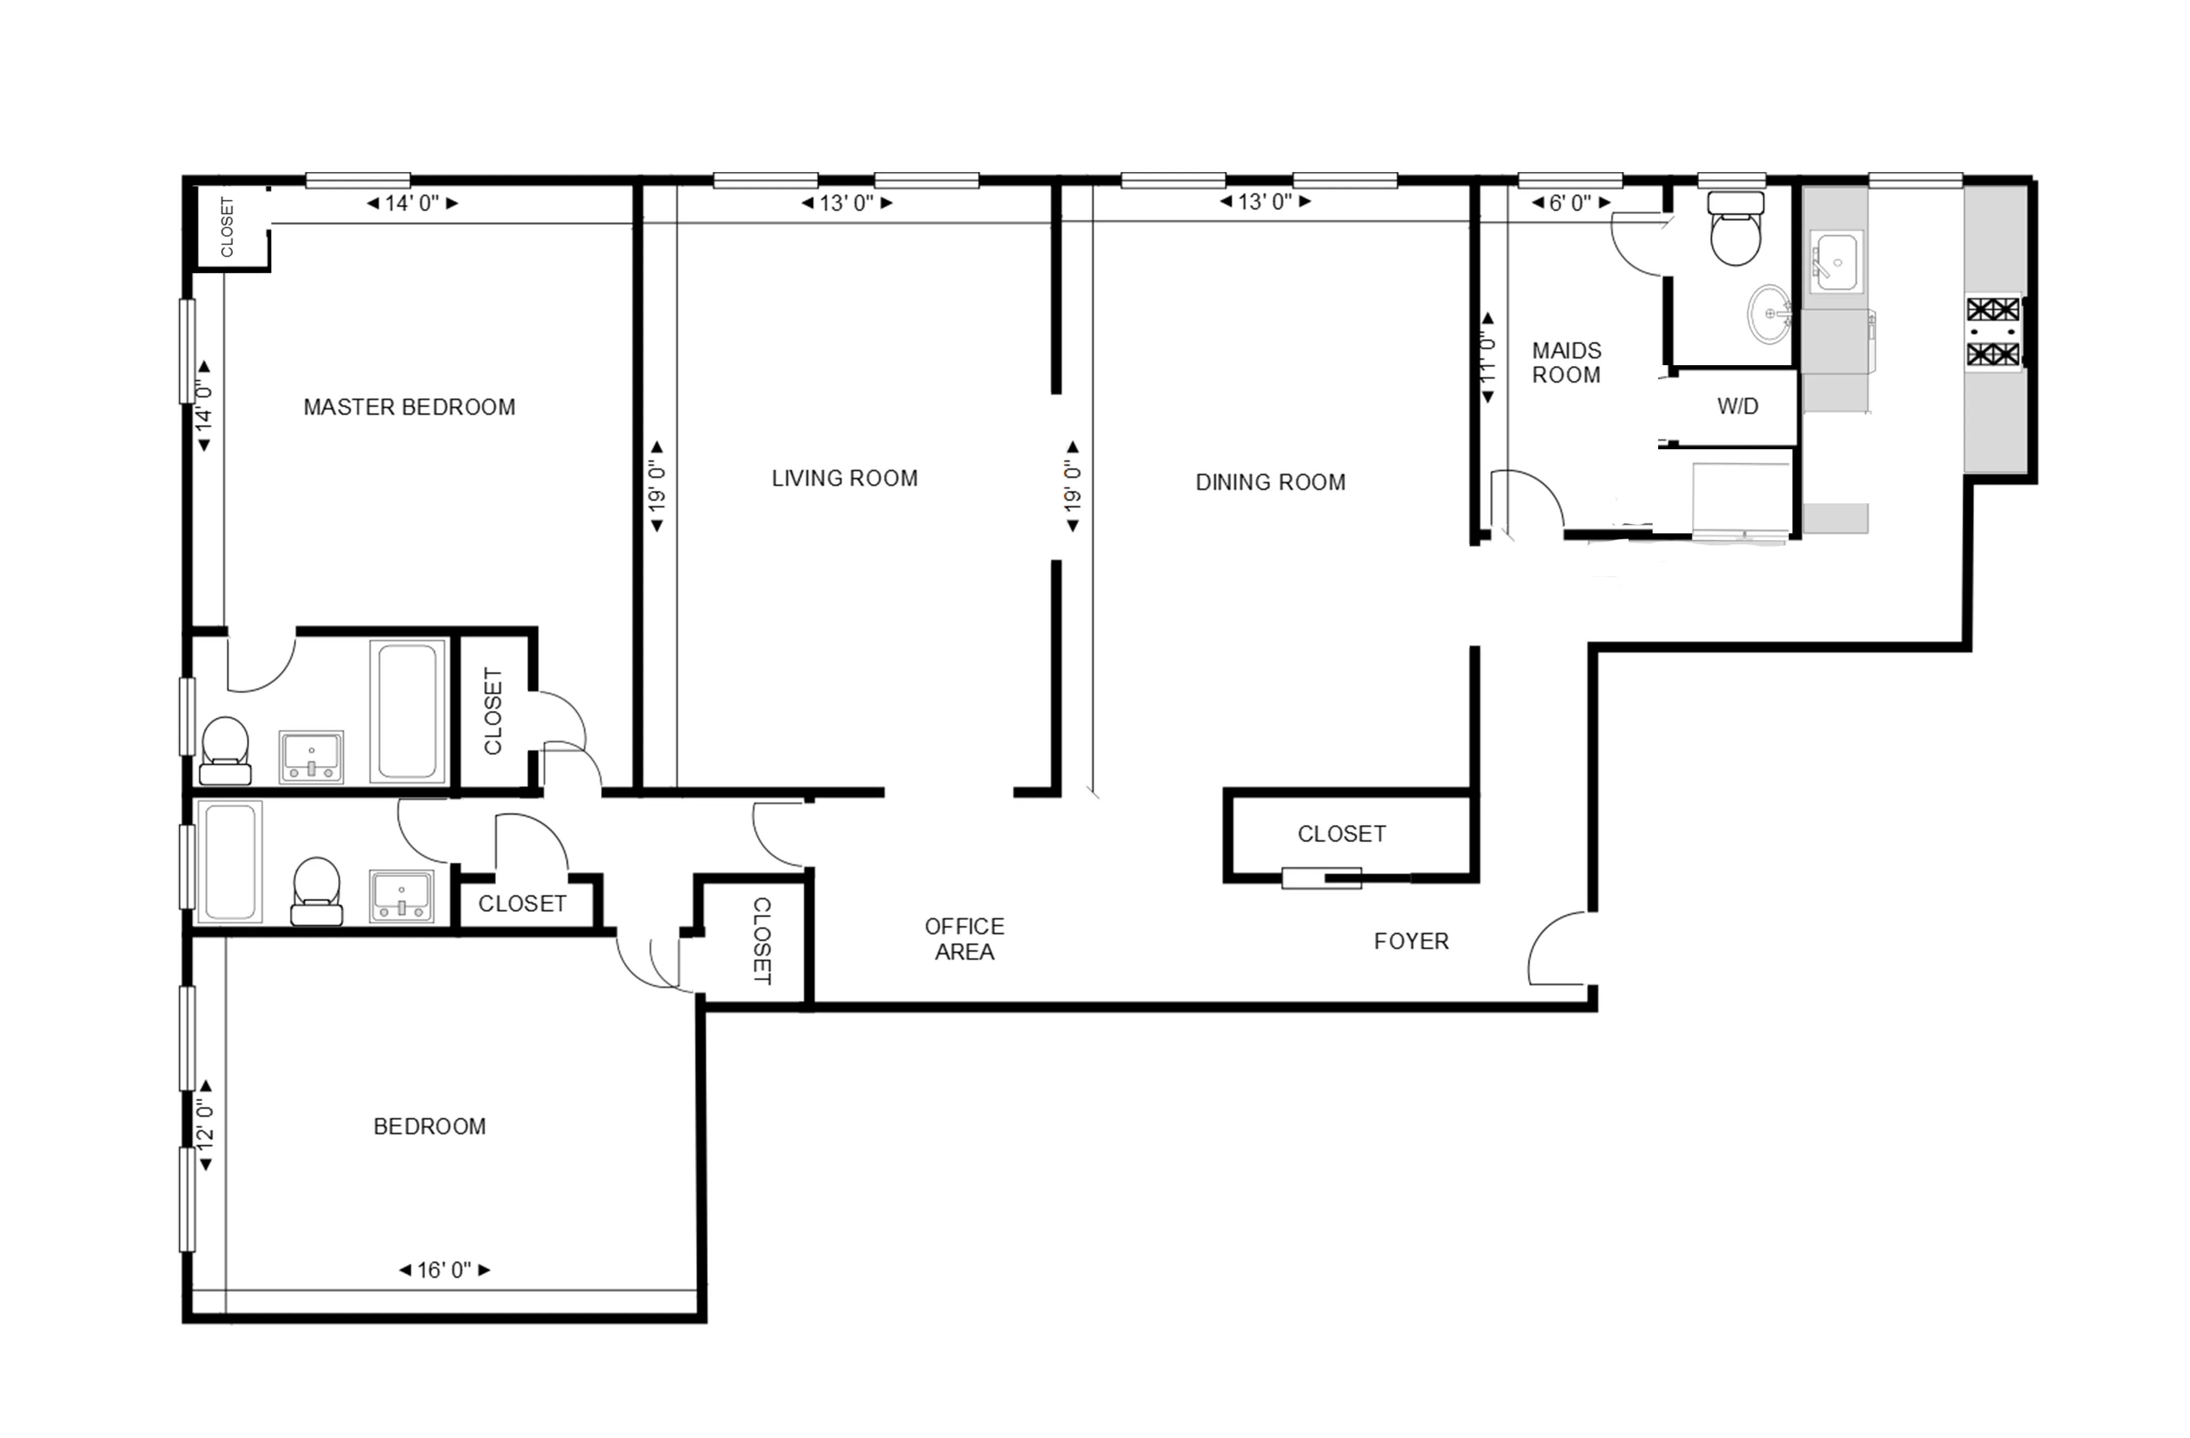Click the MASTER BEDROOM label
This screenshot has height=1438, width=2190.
pos(410,407)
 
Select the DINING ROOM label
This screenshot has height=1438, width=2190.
pos(1270,482)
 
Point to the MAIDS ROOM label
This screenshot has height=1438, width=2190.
pos(1566,363)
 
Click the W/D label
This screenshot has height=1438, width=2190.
pos(1737,406)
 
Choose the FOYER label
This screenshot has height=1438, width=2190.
pos(1410,941)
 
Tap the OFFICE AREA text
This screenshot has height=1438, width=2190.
pos(964,939)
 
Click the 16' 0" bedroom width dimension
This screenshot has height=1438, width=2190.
pos(445,1270)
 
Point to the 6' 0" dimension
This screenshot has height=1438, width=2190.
pos(1570,203)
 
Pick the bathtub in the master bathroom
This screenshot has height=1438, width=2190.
pos(407,712)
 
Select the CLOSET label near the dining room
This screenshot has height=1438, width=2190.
pos(1341,834)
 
